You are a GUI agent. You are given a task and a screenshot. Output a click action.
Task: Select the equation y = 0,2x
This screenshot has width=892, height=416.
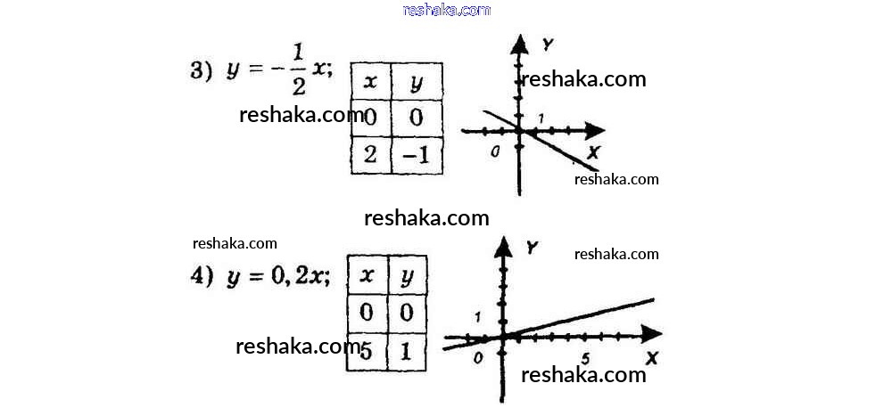(x=278, y=276)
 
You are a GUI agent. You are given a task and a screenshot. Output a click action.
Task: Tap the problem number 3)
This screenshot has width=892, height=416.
(x=201, y=72)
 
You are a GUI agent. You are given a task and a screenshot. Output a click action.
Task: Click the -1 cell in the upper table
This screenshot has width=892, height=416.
(x=417, y=156)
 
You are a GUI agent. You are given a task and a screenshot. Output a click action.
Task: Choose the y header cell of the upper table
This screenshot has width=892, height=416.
(x=417, y=82)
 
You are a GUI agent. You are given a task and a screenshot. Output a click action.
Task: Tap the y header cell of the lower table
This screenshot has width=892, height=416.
(x=408, y=275)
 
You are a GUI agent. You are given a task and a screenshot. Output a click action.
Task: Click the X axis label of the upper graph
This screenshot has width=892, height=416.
(x=594, y=151)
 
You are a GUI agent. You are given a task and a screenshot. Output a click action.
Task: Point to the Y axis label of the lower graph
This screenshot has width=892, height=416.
(x=532, y=246)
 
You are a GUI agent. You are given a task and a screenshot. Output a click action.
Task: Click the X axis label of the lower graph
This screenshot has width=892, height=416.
(x=651, y=358)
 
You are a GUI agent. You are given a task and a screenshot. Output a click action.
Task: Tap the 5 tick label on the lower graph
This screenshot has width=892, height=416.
(x=586, y=358)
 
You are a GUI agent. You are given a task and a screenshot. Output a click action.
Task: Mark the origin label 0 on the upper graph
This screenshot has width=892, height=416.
(x=496, y=151)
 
